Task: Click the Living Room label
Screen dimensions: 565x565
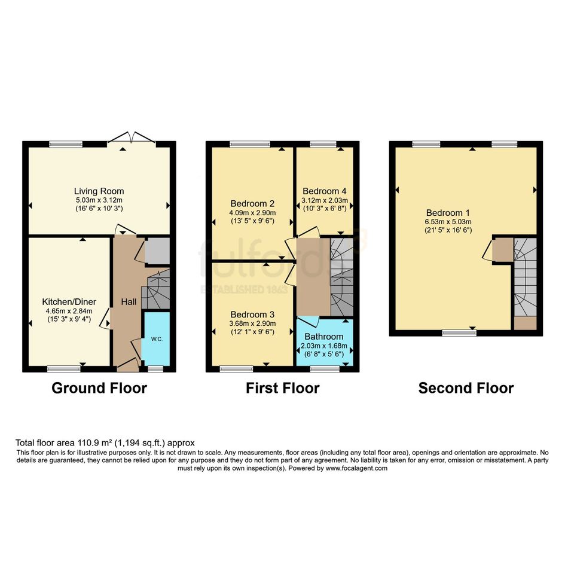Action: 99,191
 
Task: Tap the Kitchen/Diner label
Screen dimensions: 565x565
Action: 69,302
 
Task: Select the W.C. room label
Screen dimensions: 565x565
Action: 157,339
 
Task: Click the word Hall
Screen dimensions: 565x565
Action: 129,302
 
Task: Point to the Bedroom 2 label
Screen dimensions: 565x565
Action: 252,204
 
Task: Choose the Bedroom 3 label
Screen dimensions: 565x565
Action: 252,314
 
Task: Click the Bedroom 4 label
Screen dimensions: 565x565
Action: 324,191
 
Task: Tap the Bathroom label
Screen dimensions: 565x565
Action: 323,337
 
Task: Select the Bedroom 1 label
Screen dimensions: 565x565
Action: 448,213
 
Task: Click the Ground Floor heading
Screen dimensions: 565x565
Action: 99,388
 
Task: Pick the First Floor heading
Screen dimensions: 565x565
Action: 282,388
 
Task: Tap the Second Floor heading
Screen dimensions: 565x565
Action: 466,388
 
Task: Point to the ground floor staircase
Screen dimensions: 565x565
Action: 155,289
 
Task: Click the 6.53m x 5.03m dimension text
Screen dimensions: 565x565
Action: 448,222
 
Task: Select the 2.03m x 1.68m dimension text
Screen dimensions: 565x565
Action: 324,346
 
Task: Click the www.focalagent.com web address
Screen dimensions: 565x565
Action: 356,468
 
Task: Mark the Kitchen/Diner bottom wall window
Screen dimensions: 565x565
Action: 64,369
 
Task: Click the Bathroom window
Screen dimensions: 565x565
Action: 325,369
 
